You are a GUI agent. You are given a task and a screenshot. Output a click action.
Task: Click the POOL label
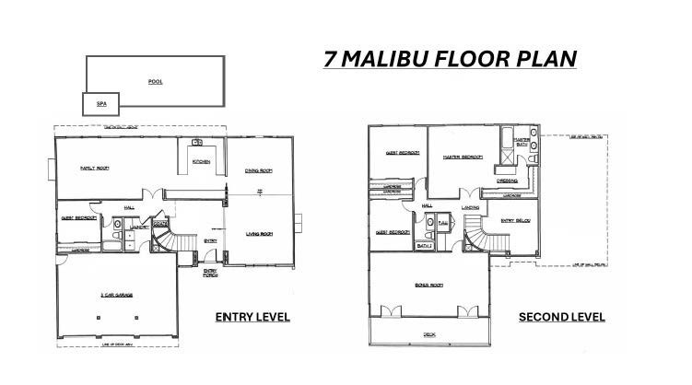tap(155, 81)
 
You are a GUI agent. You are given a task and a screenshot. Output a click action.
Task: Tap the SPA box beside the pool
tap(101, 104)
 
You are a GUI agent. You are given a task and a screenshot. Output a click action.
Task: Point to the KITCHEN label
tap(202, 163)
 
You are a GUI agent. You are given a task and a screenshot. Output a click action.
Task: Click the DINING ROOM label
tap(258, 170)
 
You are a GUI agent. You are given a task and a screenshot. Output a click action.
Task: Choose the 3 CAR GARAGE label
tap(117, 295)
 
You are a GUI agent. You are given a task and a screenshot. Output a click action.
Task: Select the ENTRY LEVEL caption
tap(252, 317)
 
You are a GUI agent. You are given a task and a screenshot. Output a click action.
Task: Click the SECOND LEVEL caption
tap(561, 317)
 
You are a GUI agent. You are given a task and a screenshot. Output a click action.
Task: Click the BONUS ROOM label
tap(428, 287)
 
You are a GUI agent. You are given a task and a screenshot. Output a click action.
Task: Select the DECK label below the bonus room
tap(429, 334)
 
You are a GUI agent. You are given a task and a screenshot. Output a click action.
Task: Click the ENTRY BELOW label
tap(514, 220)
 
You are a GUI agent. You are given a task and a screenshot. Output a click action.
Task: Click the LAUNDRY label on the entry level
tap(139, 227)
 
